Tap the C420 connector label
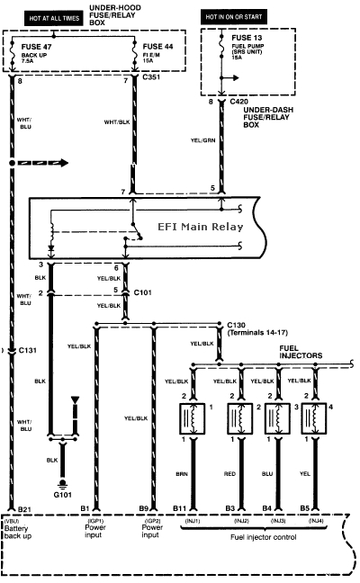238,103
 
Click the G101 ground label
62,494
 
